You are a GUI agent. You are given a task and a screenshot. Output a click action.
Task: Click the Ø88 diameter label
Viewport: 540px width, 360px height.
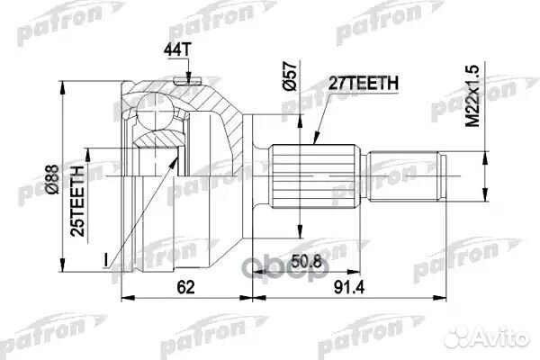79,170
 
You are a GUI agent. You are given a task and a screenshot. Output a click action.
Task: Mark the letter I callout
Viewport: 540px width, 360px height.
106,262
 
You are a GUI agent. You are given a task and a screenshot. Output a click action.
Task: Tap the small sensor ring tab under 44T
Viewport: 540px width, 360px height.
187,82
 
